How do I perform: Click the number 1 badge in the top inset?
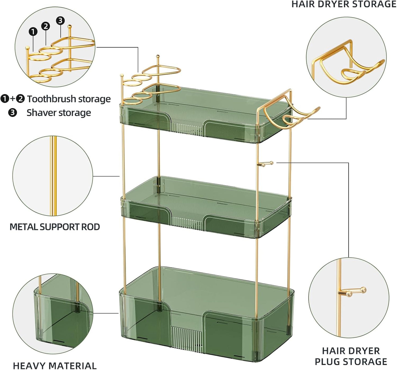click(x=33, y=32)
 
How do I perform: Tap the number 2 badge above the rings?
click(x=46, y=26)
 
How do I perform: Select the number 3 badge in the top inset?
click(x=60, y=20)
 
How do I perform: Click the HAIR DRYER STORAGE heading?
click(x=344, y=4)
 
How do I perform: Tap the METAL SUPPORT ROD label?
click(x=55, y=227)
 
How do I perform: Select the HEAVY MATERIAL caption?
click(x=55, y=365)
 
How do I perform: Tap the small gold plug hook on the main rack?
click(x=265, y=164)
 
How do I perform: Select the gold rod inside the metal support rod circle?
click(x=54, y=176)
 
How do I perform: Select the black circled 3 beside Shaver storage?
click(x=12, y=113)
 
